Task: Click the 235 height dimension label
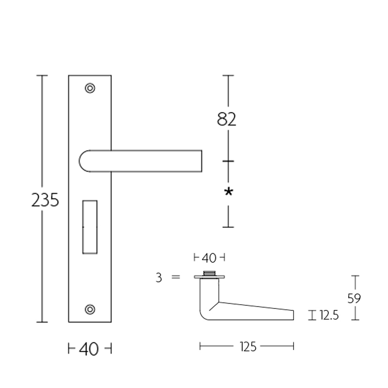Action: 45,200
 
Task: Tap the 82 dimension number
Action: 226,119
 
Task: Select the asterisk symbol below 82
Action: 228,192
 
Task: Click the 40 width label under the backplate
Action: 89,349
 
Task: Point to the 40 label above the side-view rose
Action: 209,257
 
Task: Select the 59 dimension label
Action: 354,298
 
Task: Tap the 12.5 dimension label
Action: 329,316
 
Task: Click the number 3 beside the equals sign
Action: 159,277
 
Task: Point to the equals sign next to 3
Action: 176,277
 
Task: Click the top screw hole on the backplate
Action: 90,88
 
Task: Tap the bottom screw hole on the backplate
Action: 90,309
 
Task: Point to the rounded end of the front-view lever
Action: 84,161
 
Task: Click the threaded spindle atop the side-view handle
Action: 210,273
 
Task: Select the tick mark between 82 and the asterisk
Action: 228,161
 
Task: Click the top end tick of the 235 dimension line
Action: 42,76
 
